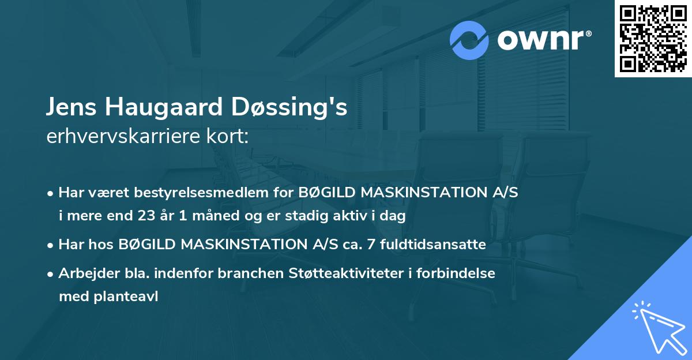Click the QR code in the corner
click(x=653, y=38)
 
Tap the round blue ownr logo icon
click(x=469, y=40)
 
